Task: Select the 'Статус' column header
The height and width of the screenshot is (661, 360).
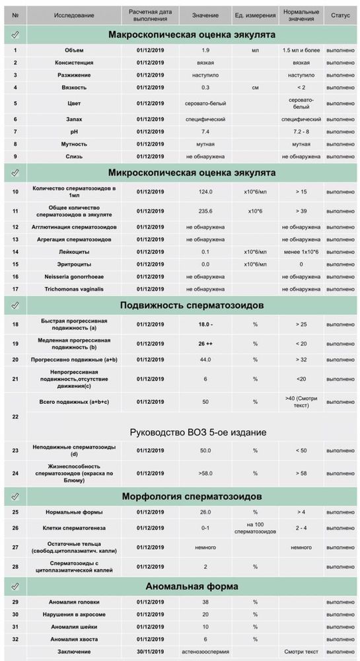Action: (x=341, y=14)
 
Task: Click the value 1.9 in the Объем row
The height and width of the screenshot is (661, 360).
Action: (x=205, y=50)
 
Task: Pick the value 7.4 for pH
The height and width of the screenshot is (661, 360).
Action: (x=205, y=132)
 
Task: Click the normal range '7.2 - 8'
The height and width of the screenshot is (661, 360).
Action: (x=301, y=132)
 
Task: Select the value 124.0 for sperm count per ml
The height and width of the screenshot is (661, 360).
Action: (x=205, y=192)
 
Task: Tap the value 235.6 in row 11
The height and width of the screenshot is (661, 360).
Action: (x=205, y=212)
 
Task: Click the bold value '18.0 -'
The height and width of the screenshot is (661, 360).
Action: (x=205, y=325)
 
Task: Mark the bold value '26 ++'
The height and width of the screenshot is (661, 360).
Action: (x=205, y=344)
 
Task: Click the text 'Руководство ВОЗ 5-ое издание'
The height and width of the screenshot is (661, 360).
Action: (x=198, y=432)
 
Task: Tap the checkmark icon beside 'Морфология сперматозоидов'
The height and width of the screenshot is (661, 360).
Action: (x=15, y=496)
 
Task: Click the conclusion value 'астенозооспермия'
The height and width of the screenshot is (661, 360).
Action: (x=205, y=651)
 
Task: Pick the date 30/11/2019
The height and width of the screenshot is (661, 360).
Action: (x=148, y=651)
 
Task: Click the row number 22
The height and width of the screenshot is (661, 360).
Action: (x=15, y=416)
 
